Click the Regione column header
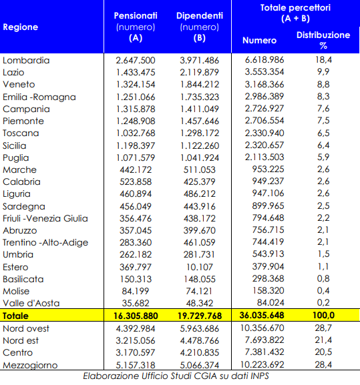(x=21, y=27)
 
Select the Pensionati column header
(x=136, y=27)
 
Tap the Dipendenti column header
(x=200, y=27)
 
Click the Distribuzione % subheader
(x=323, y=40)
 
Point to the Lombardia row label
(x=26, y=61)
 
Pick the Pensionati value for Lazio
(x=136, y=73)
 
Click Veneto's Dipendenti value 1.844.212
(x=200, y=85)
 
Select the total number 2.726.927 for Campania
(x=264, y=108)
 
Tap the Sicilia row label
(x=14, y=146)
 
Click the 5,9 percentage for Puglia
(x=323, y=157)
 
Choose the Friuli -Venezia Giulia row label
(x=45, y=219)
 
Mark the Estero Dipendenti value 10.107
(x=200, y=267)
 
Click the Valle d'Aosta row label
(x=31, y=303)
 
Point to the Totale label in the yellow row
(x=15, y=316)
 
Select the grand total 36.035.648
(x=262, y=315)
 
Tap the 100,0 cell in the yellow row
(x=323, y=315)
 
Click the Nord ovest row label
(x=26, y=328)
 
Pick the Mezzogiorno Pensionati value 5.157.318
(x=136, y=365)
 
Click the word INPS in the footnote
(x=260, y=376)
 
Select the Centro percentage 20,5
(x=323, y=352)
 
